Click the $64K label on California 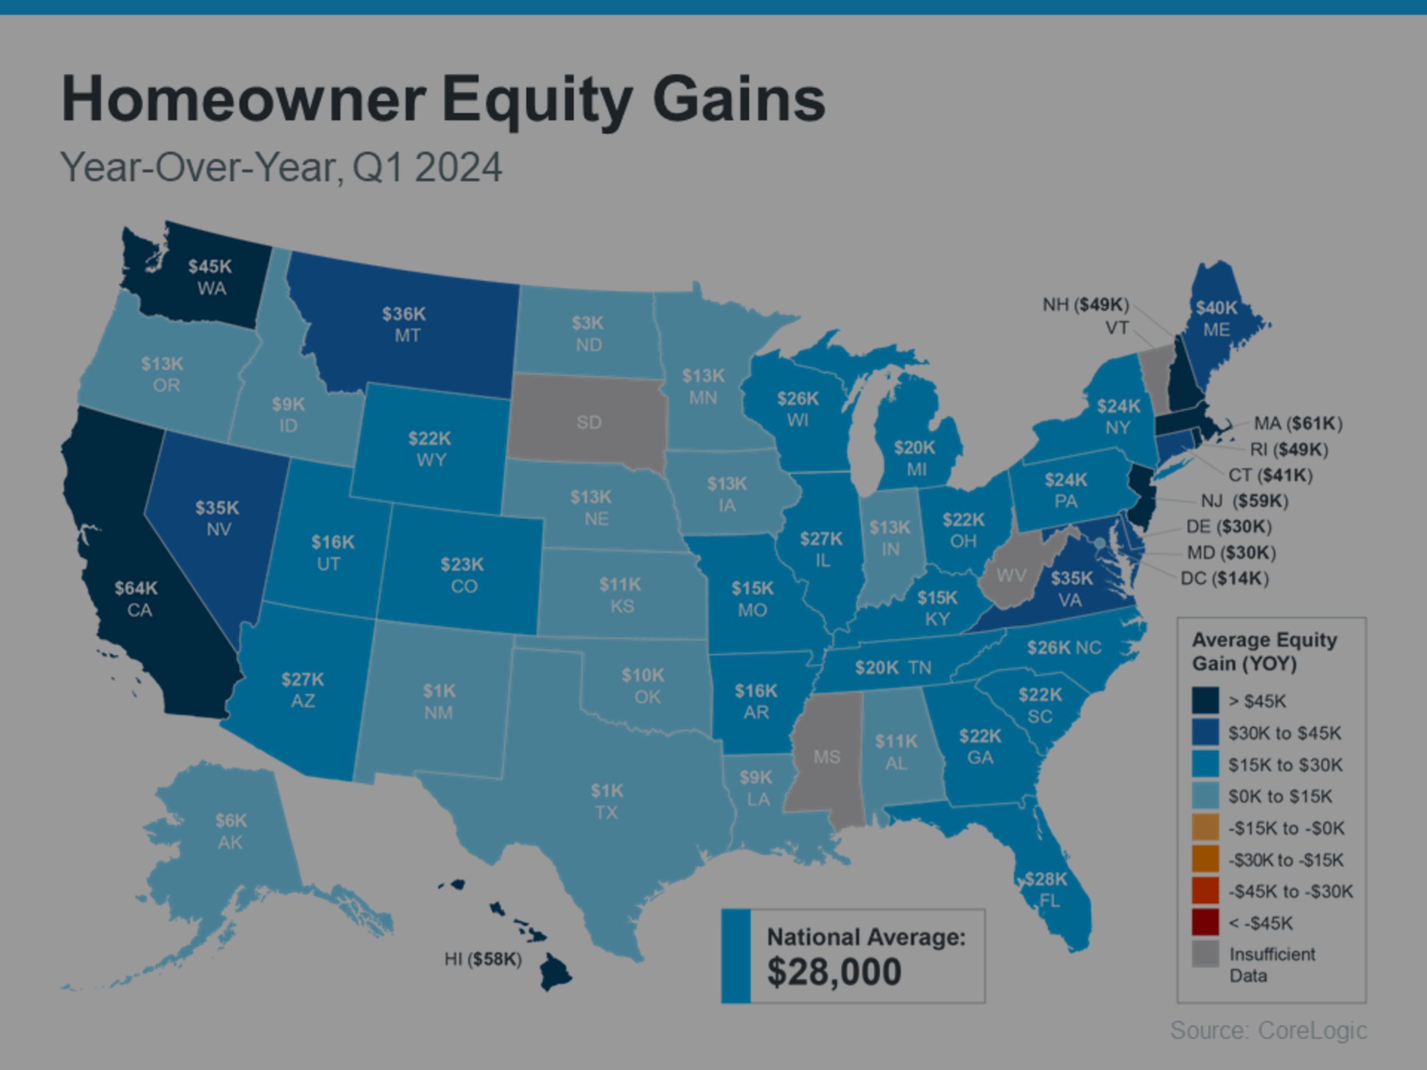[x=136, y=588]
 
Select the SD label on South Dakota [x=588, y=422]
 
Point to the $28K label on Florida [x=1046, y=879]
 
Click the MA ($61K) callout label [x=1298, y=424]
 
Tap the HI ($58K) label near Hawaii [x=483, y=960]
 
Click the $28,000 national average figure [x=833, y=972]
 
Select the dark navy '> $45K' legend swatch [x=1205, y=701]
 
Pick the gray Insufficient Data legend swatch [x=1205, y=955]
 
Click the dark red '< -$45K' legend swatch [x=1205, y=923]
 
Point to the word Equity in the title [x=537, y=100]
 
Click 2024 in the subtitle [x=458, y=168]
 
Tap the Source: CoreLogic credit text [x=1268, y=1030]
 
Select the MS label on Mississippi [x=827, y=757]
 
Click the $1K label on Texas [x=606, y=791]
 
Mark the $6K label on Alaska [x=230, y=820]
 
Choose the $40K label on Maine [x=1216, y=308]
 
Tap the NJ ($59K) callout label [x=1244, y=501]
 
